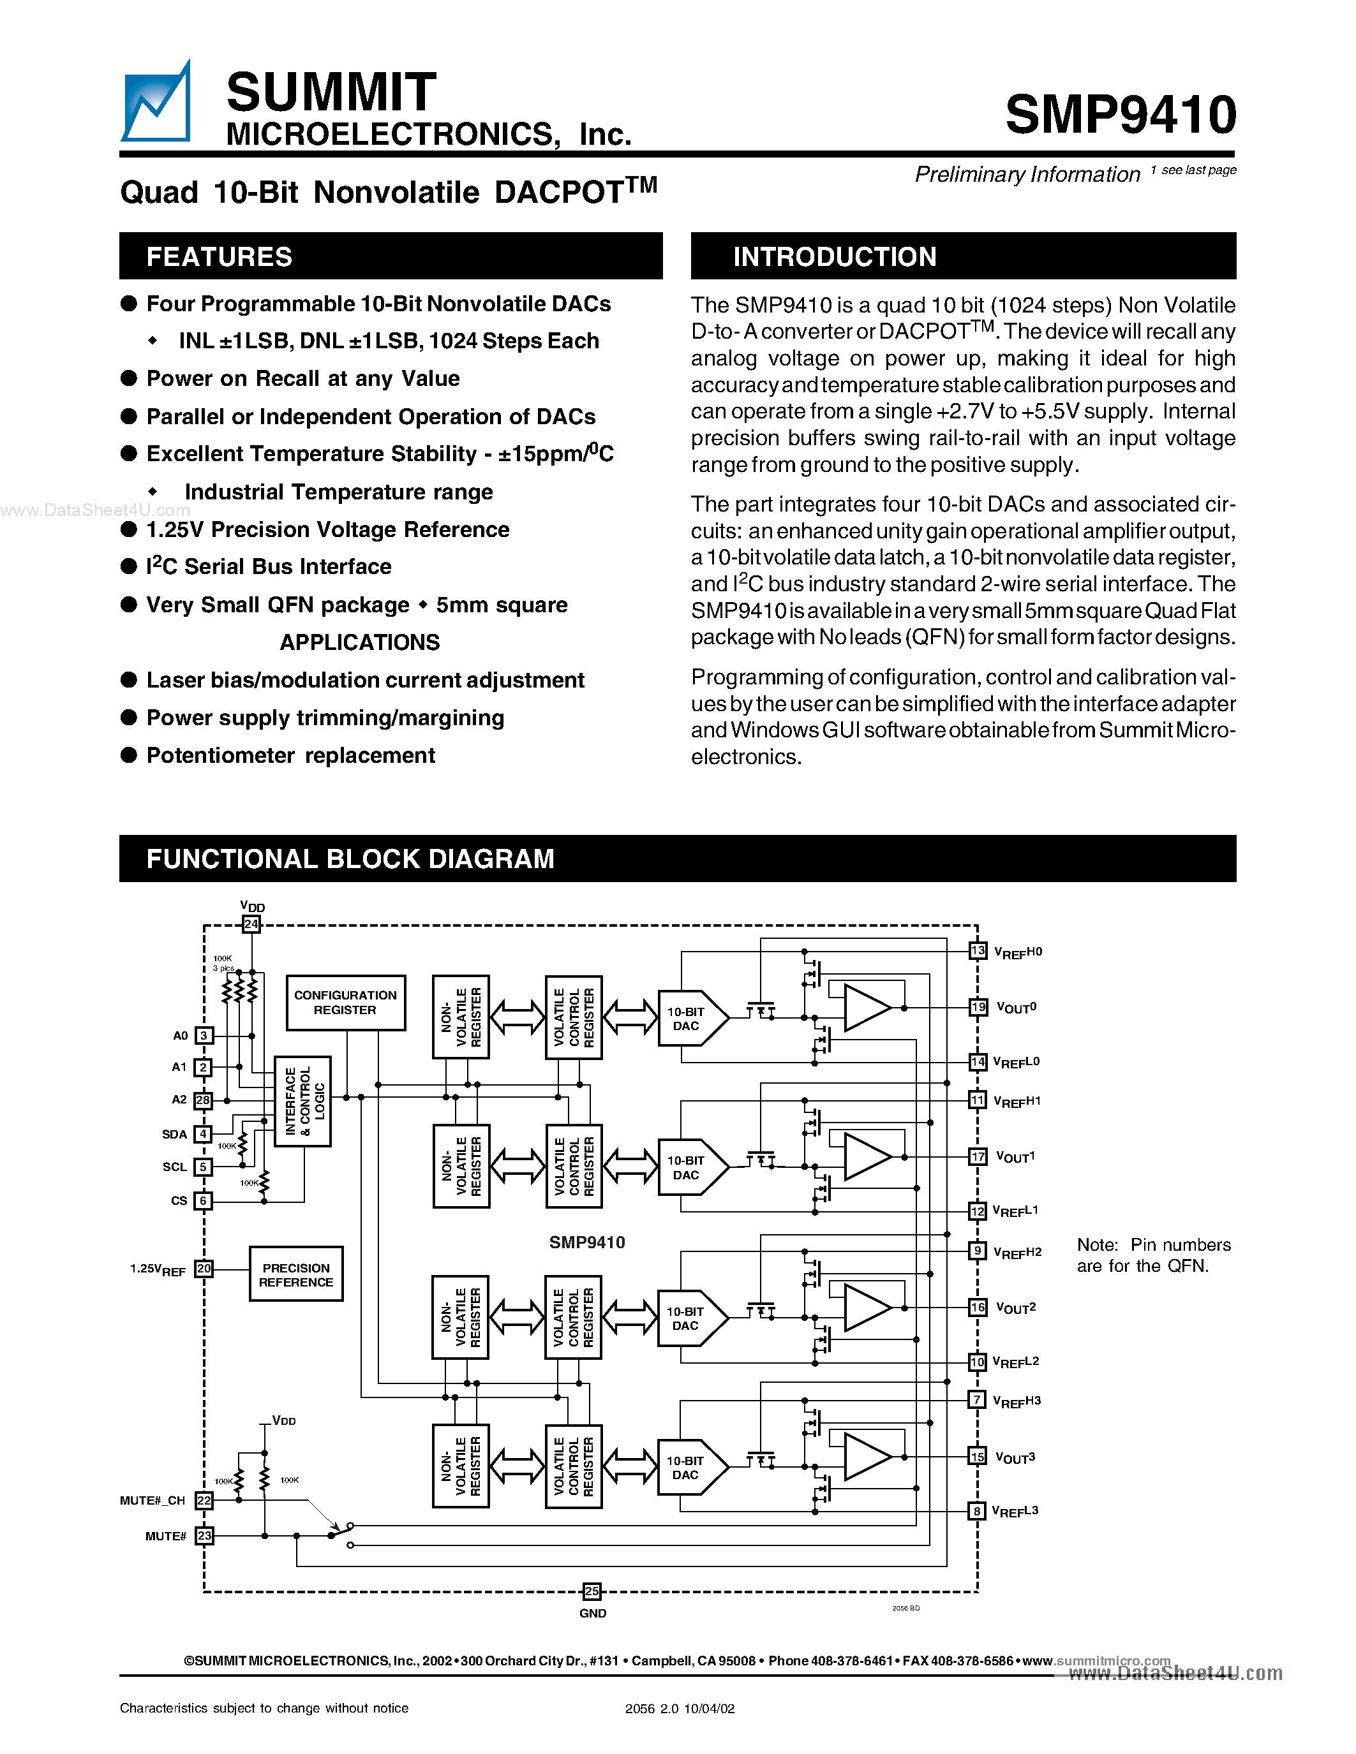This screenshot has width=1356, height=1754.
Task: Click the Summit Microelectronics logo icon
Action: click(156, 103)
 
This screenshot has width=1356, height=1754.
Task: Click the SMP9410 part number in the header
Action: click(1120, 114)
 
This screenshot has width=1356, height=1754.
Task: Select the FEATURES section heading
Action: click(220, 257)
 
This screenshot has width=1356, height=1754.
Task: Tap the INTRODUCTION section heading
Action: click(835, 257)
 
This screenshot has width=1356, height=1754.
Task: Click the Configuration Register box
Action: click(345, 1002)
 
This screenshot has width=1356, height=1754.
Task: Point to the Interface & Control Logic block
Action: click(303, 1101)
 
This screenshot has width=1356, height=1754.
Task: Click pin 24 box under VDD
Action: click(251, 924)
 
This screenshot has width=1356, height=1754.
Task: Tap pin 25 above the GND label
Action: click(592, 1591)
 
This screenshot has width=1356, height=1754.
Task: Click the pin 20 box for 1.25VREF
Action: click(204, 1268)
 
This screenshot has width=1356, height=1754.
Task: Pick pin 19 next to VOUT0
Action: click(978, 1007)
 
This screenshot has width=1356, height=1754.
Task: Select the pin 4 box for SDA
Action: click(203, 1134)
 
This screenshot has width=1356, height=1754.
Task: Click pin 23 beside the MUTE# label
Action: click(205, 1536)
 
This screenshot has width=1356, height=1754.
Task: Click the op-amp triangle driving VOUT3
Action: click(866, 1457)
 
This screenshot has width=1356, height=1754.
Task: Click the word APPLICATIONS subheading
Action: click(360, 642)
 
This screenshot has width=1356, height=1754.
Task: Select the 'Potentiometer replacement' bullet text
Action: click(291, 756)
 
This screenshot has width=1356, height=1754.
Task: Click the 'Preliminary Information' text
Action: click(1027, 174)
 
